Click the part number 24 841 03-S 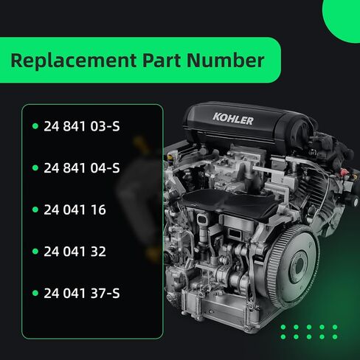pyautogui.click(x=82, y=126)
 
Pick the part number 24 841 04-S pyautogui.click(x=82, y=168)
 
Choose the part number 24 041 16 pyautogui.click(x=75, y=210)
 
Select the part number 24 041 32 pyautogui.click(x=75, y=252)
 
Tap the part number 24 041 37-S pyautogui.click(x=82, y=294)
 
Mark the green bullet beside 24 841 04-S pyautogui.click(x=34, y=168)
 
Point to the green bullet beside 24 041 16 pyautogui.click(x=34, y=210)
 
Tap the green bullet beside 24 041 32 pyautogui.click(x=34, y=252)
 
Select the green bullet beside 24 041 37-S pyautogui.click(x=34, y=294)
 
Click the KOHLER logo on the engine pyautogui.click(x=233, y=119)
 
